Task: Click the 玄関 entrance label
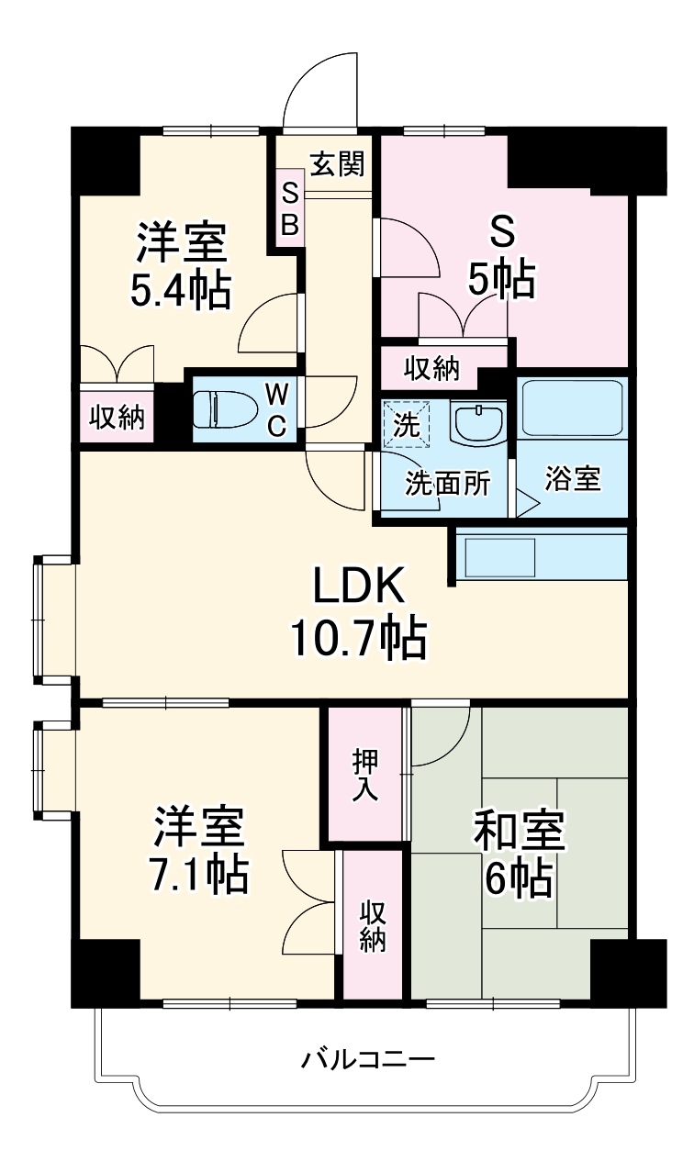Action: [x=337, y=164]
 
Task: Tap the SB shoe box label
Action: [x=289, y=209]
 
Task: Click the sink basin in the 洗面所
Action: [x=477, y=423]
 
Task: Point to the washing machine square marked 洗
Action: [x=407, y=425]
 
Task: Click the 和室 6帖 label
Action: [x=520, y=853]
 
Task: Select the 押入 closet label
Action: [x=364, y=775]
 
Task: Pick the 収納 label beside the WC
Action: [x=117, y=418]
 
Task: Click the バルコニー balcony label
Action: [x=368, y=1061]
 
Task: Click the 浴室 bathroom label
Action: [x=573, y=479]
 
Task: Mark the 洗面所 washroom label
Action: [x=447, y=484]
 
